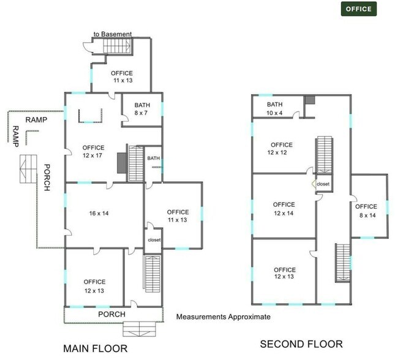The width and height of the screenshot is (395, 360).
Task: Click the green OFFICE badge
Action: (x=358, y=9)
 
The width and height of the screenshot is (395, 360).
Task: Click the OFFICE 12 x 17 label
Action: (x=93, y=152)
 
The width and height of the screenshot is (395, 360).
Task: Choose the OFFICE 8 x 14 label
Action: (x=366, y=211)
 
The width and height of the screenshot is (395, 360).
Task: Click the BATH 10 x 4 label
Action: (x=274, y=108)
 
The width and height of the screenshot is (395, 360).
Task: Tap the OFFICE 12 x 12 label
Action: (x=279, y=149)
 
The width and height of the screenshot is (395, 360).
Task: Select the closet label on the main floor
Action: (x=154, y=240)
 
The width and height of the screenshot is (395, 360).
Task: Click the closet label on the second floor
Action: (x=323, y=183)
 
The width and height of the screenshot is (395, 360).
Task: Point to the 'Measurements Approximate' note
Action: (x=223, y=317)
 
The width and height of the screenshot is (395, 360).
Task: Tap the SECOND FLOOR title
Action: (x=301, y=344)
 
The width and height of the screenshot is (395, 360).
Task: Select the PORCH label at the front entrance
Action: (x=112, y=315)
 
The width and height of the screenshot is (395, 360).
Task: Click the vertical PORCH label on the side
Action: (x=47, y=178)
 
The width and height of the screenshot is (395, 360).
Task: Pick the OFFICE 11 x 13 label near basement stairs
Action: (x=121, y=77)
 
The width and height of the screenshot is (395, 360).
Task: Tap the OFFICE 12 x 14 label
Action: (x=284, y=209)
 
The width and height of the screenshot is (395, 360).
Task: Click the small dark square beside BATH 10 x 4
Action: (x=310, y=100)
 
